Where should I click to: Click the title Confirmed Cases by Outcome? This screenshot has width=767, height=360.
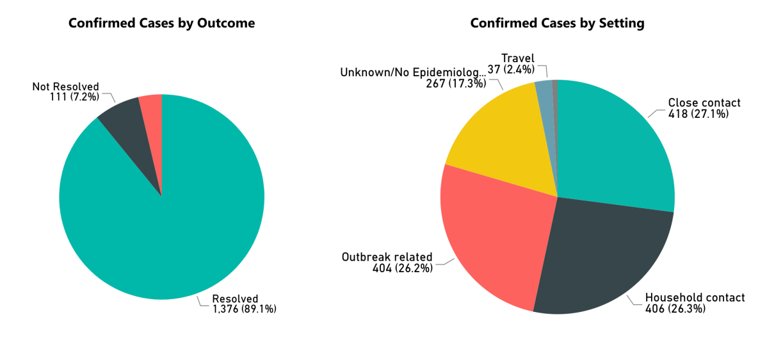coord(161,23)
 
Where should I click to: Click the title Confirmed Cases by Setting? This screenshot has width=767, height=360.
coord(557,23)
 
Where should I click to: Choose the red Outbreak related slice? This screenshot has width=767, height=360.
coord(493,231)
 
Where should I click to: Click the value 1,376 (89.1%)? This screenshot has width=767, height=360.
coord(244,309)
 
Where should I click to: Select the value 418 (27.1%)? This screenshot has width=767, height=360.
coord(698,113)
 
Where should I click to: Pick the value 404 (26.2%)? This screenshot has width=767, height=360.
coord(403,268)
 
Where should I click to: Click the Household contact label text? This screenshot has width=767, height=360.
coord(695,297)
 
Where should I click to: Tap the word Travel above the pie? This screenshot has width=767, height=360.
coord(517,58)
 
